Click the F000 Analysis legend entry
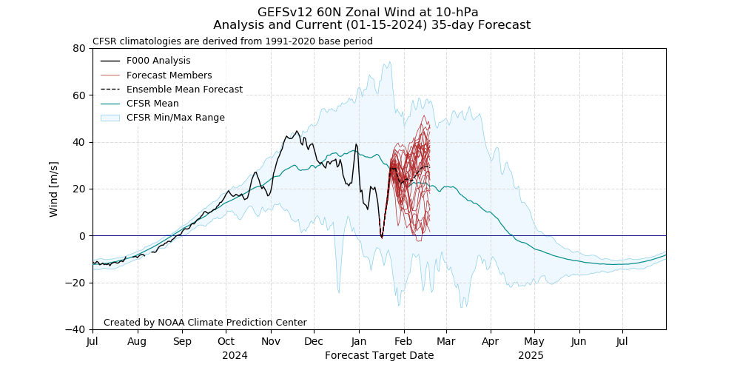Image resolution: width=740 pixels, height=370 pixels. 158,61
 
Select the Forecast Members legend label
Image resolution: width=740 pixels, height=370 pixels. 169,75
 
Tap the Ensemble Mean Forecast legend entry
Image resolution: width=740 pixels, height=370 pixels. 184,90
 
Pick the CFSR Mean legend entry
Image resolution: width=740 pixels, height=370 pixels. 152,104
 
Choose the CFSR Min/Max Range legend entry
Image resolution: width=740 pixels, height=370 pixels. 175,118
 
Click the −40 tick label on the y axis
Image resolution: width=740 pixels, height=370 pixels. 76,329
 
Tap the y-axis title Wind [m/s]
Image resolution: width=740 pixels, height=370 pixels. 53,189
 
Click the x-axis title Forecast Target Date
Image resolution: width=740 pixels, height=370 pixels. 379,355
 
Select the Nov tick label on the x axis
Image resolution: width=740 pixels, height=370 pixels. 271,342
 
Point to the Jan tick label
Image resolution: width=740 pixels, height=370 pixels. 358,342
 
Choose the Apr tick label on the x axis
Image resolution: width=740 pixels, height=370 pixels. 491,342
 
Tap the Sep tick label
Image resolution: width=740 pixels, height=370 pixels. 182,342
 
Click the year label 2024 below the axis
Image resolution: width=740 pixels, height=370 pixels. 235,355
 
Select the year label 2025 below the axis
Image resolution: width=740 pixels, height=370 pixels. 531,355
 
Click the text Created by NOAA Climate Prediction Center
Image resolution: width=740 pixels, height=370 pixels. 205,323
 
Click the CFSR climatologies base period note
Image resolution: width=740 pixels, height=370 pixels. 232,41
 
